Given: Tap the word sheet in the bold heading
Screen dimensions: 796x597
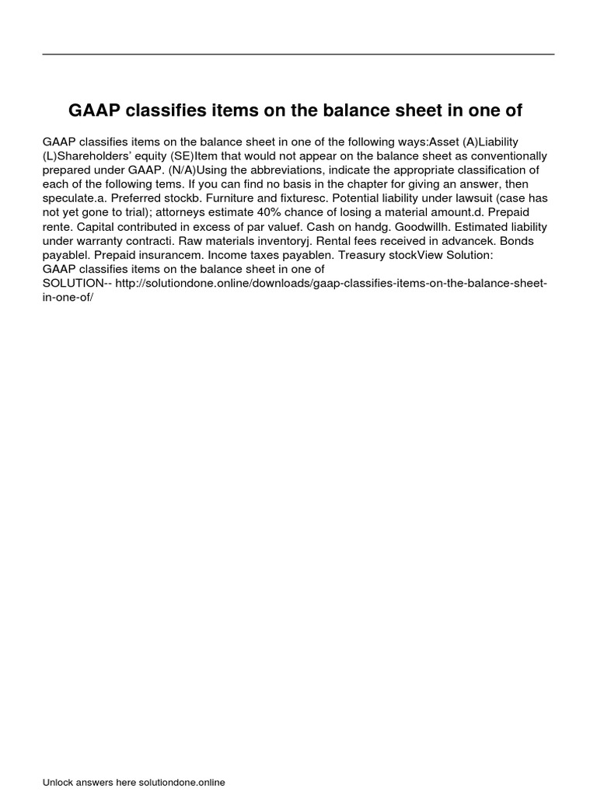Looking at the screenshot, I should coord(410,111).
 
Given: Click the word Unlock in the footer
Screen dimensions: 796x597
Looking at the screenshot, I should coord(58,783).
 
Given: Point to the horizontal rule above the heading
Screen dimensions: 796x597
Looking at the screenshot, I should coord(298,54).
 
